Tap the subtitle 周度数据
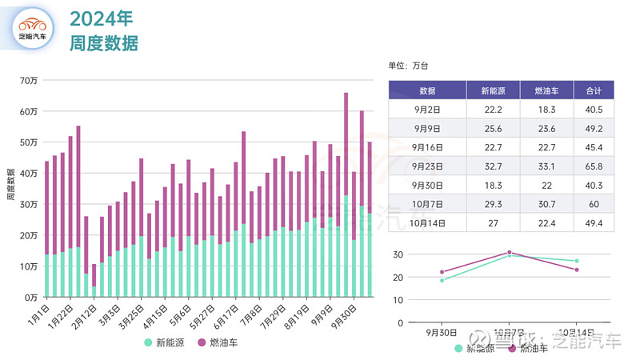click(x=104, y=43)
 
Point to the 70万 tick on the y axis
click(x=29, y=80)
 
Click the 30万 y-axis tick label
click(x=29, y=204)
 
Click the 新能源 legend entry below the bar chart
click(x=166, y=343)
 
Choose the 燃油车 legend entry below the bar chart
click(x=218, y=343)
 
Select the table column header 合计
click(x=593, y=90)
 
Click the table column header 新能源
click(x=493, y=90)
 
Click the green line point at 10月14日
click(x=575, y=261)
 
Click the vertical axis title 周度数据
click(x=10, y=186)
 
